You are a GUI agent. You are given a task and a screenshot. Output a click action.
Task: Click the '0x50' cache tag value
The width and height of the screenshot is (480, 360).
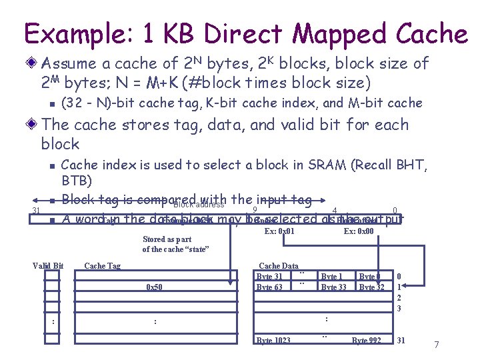pyautogui.click(x=154, y=287)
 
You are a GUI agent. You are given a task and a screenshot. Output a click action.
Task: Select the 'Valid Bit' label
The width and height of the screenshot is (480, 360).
pyautogui.click(x=48, y=266)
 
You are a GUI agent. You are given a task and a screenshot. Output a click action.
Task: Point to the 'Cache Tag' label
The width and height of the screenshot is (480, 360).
pyautogui.click(x=102, y=266)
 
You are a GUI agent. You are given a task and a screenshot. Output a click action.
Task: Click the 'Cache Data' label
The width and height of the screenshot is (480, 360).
pyautogui.click(x=278, y=266)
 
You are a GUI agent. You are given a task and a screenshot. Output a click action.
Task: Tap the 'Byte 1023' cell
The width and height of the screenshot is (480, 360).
pyautogui.click(x=273, y=341)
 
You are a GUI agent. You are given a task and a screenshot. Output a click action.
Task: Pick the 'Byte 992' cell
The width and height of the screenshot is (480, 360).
pyautogui.click(x=367, y=341)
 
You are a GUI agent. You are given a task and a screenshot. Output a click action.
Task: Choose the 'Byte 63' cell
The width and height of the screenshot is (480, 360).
pyautogui.click(x=269, y=287)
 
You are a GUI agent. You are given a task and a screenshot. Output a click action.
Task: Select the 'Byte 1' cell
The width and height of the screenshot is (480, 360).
pyautogui.click(x=332, y=277)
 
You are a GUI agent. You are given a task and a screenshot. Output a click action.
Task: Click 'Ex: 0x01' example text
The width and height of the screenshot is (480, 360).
pyautogui.click(x=279, y=231)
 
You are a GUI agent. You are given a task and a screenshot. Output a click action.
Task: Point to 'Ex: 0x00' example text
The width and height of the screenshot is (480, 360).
pyautogui.click(x=359, y=231)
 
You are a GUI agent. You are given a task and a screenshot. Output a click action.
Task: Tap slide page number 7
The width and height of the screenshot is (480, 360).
pyautogui.click(x=436, y=345)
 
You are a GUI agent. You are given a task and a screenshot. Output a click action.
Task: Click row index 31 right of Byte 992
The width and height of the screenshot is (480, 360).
pyautogui.click(x=401, y=341)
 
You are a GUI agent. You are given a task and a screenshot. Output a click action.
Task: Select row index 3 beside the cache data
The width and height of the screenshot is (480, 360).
pyautogui.click(x=399, y=309)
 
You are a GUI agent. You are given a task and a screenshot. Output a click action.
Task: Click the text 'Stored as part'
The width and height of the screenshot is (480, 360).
pyautogui.click(x=167, y=239)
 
